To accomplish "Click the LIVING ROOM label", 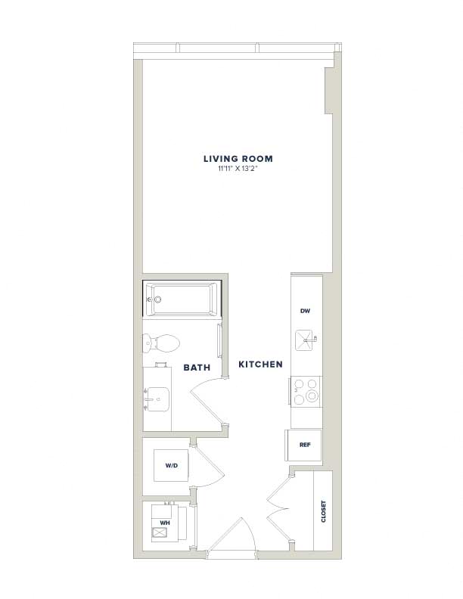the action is click(238, 159).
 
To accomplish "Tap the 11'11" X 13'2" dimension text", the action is click(238, 168).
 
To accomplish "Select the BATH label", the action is click(197, 368).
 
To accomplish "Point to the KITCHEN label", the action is click(260, 365).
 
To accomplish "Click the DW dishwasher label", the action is click(305, 311).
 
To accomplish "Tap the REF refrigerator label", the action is click(305, 445).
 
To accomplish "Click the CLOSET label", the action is click(324, 511).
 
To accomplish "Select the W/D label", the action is click(172, 466).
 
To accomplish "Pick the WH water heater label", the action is click(165, 523).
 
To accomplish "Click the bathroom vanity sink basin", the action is click(157, 399).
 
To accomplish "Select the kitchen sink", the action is click(305, 340).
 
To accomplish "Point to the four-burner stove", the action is click(306, 391).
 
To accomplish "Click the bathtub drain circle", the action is click(158, 299).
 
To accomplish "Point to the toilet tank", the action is click(146, 343).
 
